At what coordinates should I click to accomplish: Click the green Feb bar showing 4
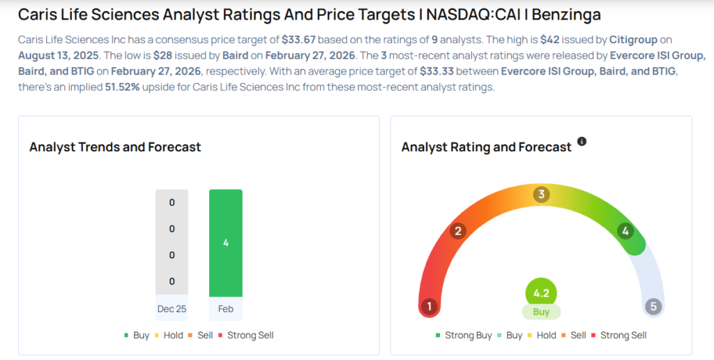click(x=225, y=243)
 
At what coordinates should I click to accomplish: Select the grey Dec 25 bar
click(x=172, y=241)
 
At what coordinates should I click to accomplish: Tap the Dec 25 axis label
click(x=172, y=308)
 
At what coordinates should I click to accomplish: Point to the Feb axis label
click(x=225, y=308)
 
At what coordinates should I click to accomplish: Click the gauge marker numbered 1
click(x=430, y=306)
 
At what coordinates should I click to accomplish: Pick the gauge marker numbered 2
click(x=458, y=231)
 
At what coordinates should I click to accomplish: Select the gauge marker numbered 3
click(x=541, y=194)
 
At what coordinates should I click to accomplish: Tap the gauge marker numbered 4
click(x=625, y=231)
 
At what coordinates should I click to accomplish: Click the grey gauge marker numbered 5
click(x=653, y=306)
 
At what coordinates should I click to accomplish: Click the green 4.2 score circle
click(x=541, y=292)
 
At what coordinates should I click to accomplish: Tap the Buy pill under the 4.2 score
click(x=541, y=312)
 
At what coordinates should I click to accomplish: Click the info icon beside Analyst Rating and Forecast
click(x=582, y=142)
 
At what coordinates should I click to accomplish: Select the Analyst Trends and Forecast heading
click(x=115, y=147)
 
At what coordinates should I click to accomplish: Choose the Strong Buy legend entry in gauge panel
click(x=464, y=335)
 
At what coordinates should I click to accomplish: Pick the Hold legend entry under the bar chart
click(x=169, y=335)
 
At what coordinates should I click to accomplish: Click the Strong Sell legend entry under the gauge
click(x=618, y=335)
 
